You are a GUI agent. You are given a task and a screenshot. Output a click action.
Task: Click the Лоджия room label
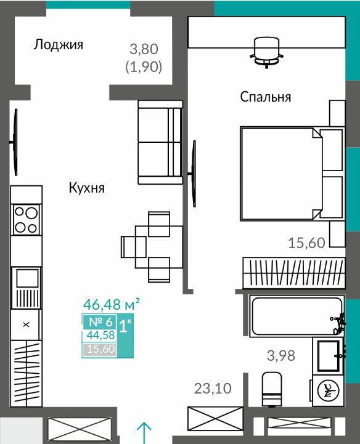tap(59, 45)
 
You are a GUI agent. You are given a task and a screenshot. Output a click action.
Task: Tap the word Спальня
tap(266, 97)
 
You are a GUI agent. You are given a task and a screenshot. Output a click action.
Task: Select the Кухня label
tap(87, 188)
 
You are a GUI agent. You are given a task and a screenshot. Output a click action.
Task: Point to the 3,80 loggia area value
tap(144, 49)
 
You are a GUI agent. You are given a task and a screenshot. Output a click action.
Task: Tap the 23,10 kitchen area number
tap(213, 388)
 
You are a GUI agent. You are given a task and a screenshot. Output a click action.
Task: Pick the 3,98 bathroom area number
tap(281, 355)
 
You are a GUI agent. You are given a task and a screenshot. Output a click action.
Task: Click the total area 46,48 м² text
tap(111, 304)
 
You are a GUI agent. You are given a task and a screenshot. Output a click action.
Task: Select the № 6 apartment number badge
tap(100, 322)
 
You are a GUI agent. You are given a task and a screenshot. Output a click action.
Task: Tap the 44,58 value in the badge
tap(100, 335)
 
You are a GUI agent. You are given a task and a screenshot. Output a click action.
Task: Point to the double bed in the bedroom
tap(292, 173)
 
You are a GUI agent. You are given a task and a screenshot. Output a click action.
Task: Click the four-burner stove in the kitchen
tap(27, 219)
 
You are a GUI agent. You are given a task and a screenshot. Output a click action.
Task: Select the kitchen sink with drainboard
tap(27, 288)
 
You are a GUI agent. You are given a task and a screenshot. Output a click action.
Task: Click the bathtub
tap(297, 316)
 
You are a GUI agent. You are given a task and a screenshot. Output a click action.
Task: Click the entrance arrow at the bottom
tap(144, 434)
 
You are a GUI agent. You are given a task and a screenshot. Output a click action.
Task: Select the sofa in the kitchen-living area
tap(160, 142)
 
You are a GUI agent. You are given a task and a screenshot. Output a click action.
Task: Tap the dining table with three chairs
tap(152, 247)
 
